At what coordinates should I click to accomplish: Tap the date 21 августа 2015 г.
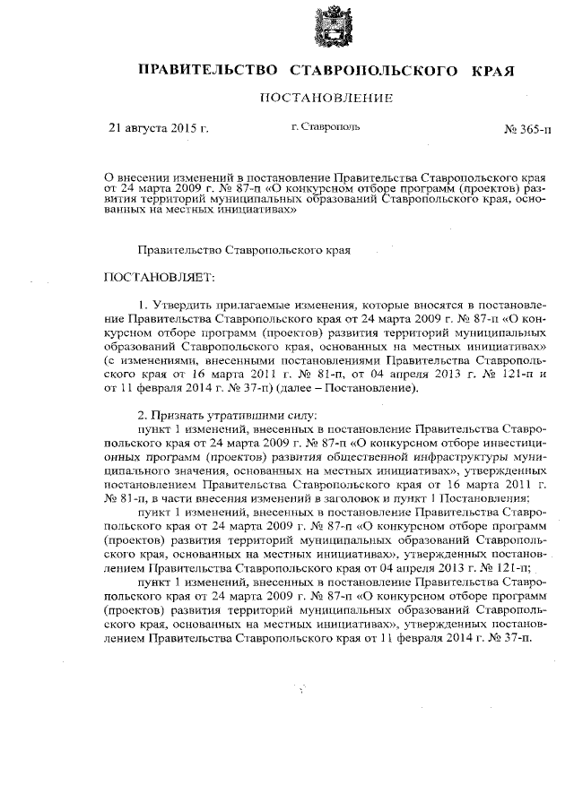(158, 129)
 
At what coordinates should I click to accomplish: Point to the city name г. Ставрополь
(326, 128)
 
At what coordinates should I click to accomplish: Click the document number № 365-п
(528, 130)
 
